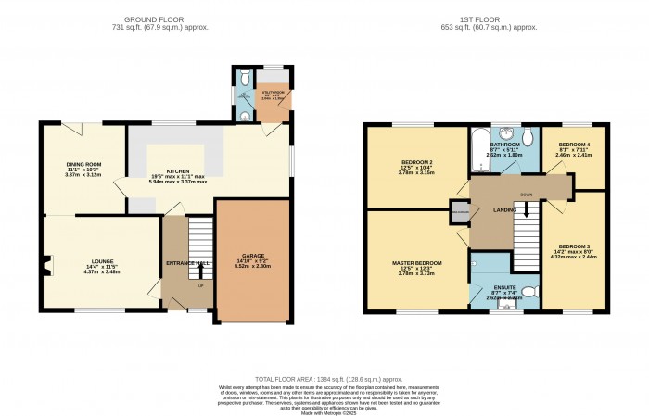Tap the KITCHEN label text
point(177,171)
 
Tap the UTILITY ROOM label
point(275,95)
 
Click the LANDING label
point(504,212)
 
